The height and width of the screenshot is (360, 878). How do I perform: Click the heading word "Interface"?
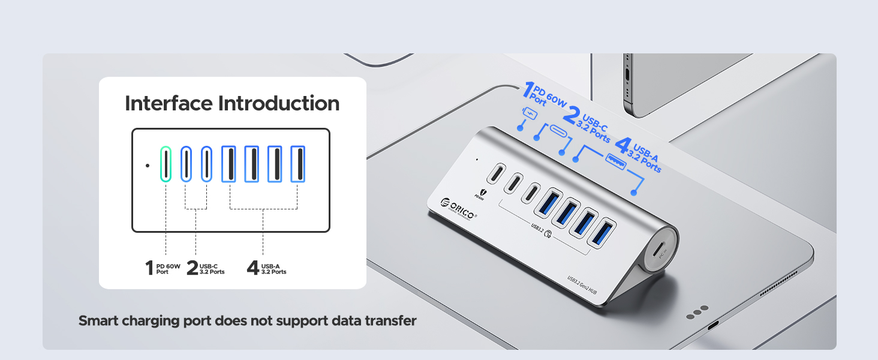(168, 103)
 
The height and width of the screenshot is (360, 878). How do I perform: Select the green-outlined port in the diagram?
(166, 164)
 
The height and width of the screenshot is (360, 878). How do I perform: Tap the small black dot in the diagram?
(147, 165)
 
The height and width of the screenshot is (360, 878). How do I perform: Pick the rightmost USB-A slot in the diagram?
(298, 164)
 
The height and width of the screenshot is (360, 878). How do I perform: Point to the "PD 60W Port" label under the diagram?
(167, 269)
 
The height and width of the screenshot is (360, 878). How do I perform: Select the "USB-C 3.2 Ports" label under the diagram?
(212, 269)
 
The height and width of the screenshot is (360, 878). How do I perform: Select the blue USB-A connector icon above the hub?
(615, 159)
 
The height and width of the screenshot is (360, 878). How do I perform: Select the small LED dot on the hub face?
(476, 160)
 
